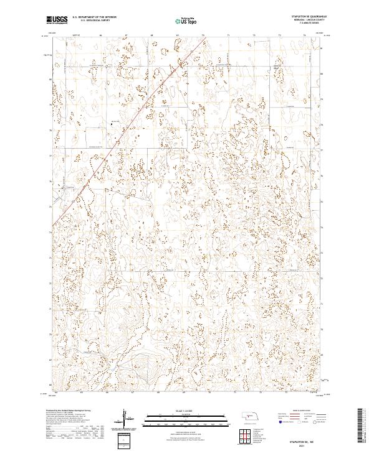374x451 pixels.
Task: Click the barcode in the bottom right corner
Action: pyautogui.click(x=363, y=426)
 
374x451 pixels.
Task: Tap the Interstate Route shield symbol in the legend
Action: pyautogui.click(x=278, y=421)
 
